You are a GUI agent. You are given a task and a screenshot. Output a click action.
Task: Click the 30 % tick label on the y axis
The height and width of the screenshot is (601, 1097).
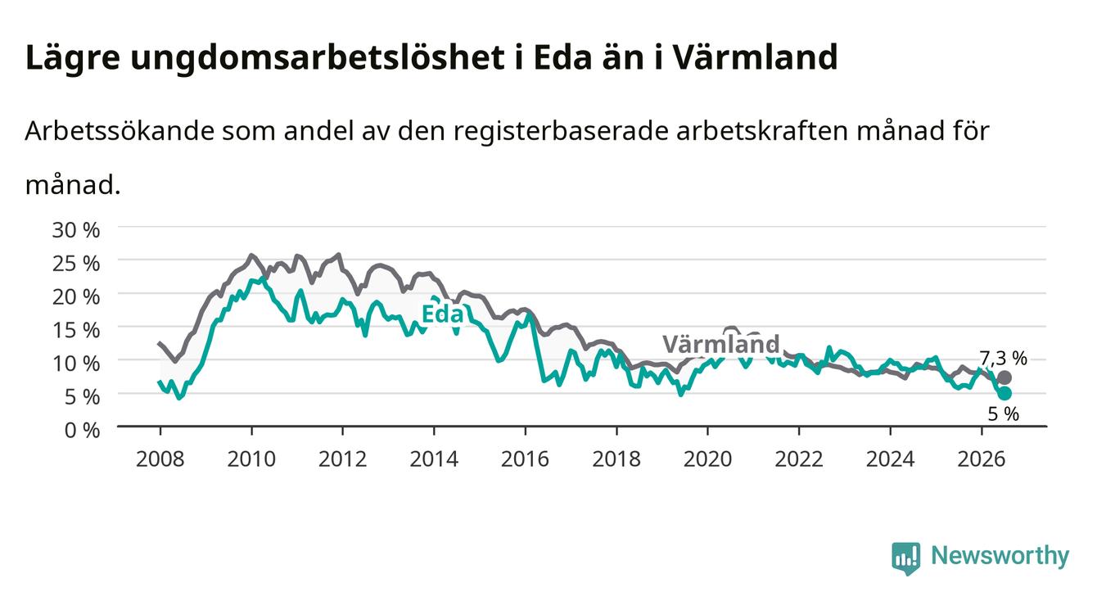(76, 230)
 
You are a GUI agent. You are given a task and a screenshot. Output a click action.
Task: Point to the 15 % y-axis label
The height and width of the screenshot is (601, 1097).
(76, 330)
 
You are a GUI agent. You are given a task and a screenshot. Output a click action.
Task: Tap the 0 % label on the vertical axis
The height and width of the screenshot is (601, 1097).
(82, 430)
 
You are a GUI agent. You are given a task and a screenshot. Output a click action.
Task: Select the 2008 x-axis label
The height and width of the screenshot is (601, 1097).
(160, 459)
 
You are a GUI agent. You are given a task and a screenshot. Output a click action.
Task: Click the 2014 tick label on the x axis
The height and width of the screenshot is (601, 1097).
(433, 459)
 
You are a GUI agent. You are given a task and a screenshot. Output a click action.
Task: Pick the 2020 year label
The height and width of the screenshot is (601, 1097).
(707, 459)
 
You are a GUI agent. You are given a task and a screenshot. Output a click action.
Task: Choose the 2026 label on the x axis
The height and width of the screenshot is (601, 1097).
(981, 459)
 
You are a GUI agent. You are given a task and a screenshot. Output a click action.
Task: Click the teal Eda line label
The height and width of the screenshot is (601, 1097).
(442, 314)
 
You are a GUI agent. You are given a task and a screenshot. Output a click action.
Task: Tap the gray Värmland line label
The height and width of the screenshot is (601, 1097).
(721, 344)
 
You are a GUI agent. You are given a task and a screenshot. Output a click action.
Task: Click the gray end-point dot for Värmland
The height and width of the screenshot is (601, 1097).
(1004, 377)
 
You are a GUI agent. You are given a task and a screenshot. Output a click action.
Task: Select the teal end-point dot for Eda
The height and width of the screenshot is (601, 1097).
(1004, 393)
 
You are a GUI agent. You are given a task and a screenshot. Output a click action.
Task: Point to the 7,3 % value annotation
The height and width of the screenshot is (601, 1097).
(1003, 359)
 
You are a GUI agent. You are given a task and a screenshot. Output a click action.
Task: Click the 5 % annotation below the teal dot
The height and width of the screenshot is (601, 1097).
(1004, 413)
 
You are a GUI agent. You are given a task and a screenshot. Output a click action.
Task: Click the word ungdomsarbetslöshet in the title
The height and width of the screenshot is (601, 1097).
(318, 59)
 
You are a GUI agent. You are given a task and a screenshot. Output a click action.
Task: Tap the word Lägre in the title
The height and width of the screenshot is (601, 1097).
(73, 59)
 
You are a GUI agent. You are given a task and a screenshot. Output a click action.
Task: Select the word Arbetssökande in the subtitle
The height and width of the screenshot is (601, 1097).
(120, 131)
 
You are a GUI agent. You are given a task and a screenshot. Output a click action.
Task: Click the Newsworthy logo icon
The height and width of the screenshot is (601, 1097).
(905, 558)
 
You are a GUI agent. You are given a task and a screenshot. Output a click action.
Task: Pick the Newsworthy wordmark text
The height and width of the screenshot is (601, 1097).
(1000, 556)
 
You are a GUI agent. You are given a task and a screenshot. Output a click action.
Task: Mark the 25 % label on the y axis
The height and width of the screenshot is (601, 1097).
(76, 264)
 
